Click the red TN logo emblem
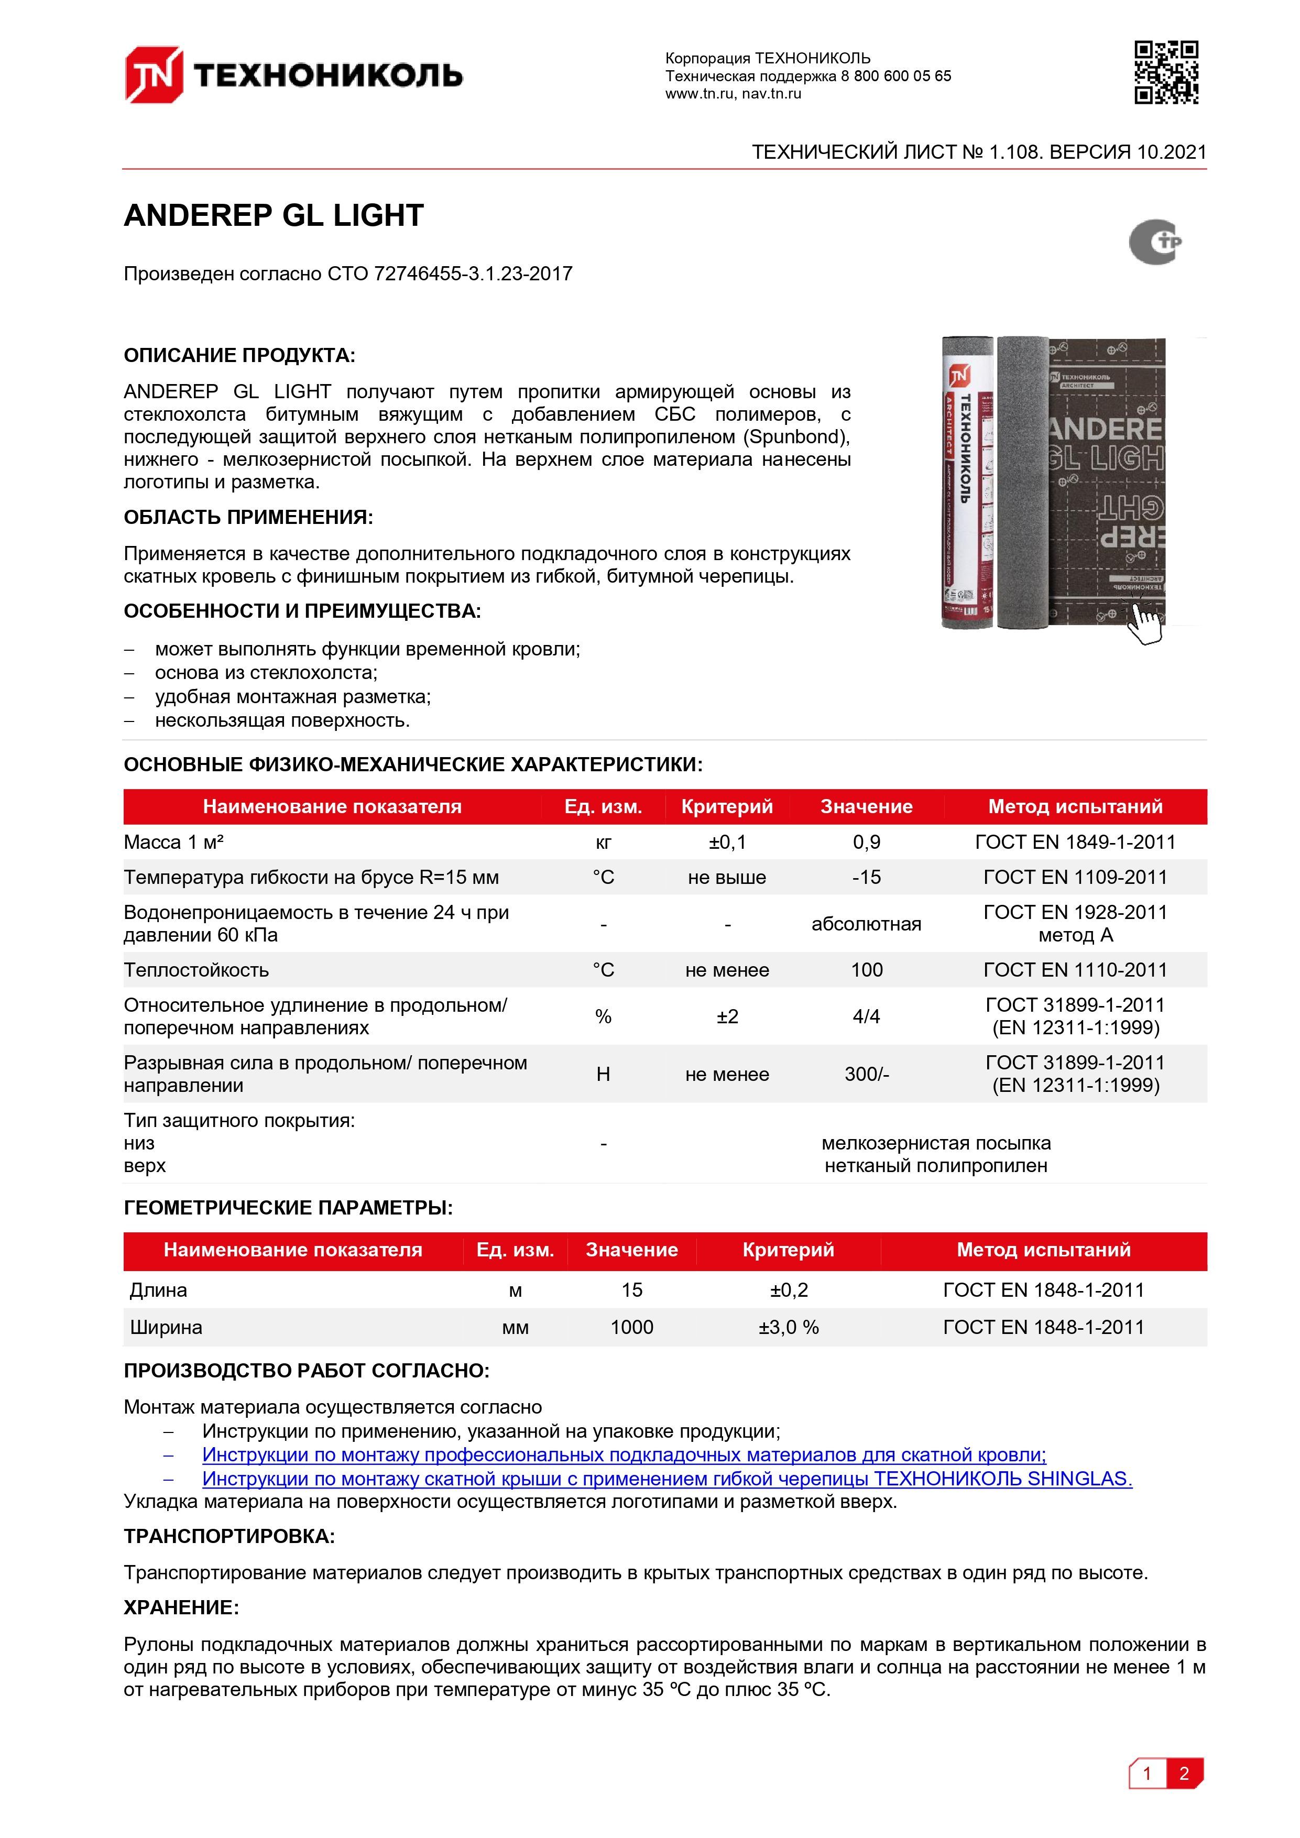153,75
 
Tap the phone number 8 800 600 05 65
896,76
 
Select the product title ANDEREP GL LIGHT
274,215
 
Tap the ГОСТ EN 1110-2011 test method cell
1075,970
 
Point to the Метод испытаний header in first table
1075,807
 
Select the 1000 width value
631,1327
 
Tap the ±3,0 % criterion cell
789,1327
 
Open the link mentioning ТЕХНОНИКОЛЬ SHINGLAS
667,1479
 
